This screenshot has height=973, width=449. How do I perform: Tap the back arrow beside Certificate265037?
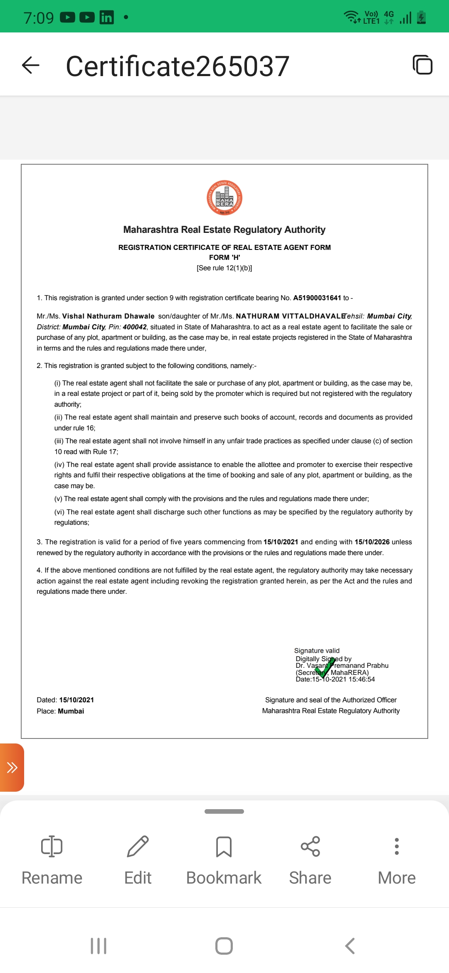[31, 65]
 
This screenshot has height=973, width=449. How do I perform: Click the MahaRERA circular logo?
[224, 198]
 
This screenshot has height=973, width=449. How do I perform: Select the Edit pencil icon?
[138, 847]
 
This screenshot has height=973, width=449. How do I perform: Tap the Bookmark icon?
[224, 847]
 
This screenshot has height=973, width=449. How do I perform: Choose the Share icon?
[310, 847]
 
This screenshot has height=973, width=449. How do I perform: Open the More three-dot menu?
[397, 847]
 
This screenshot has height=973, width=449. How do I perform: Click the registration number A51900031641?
[317, 298]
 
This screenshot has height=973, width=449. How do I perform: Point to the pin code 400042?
[135, 327]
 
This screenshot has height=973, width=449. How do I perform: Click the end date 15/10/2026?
[372, 542]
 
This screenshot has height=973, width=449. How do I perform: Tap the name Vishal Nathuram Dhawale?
[108, 316]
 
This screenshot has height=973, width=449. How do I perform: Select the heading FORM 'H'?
[224, 258]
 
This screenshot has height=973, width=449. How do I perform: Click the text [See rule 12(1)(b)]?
[224, 268]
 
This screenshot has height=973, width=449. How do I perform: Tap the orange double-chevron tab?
[12, 768]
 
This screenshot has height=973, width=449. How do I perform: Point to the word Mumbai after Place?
[71, 711]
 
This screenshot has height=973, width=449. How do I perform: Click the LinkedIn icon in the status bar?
[106, 17]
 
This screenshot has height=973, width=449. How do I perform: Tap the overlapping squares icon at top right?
[422, 65]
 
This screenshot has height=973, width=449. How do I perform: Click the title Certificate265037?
[178, 66]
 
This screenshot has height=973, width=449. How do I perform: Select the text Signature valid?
[317, 651]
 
